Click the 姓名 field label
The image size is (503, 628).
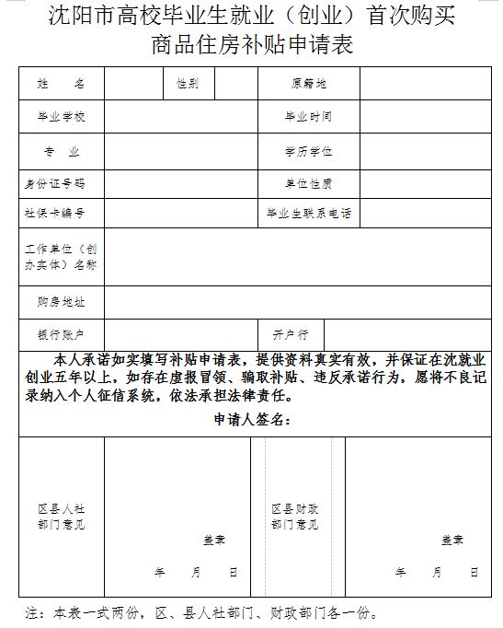coord(62,84)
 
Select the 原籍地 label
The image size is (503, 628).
coord(308,84)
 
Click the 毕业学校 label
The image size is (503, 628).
coord(62,117)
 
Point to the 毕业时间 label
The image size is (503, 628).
coord(308,117)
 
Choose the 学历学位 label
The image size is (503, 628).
coord(308,150)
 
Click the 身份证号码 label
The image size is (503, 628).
coord(62,182)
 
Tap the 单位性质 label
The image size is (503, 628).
coord(308,182)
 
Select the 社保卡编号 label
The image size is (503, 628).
coord(62,213)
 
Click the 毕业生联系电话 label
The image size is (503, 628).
coord(308,213)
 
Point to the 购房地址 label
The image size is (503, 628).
coord(62,302)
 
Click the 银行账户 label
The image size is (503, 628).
coord(62,333)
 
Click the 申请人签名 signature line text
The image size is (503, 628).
coord(252,420)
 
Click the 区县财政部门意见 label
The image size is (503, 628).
coord(294,516)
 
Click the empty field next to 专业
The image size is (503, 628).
coord(180,150)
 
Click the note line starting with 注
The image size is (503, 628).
coord(201,611)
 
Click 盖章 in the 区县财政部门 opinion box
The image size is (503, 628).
coord(451,540)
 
